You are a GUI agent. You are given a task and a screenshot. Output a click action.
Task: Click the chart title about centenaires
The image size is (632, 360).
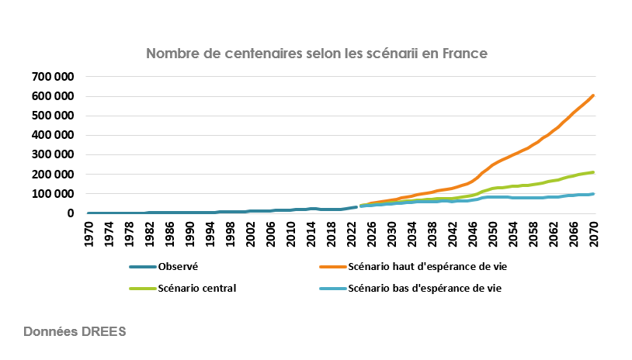coord(316,54)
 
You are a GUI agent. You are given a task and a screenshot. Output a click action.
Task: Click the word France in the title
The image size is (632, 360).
coord(463,54)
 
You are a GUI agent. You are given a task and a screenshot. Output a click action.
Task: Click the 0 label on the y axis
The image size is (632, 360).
coord(71,213)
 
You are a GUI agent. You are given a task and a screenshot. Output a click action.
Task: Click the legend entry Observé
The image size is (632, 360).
coord(178,266)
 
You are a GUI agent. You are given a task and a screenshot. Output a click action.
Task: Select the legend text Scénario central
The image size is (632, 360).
coord(196,289)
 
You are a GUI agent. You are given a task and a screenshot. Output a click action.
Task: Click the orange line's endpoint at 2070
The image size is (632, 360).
coord(594,95)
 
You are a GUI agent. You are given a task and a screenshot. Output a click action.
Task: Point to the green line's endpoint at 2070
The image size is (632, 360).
coord(594,172)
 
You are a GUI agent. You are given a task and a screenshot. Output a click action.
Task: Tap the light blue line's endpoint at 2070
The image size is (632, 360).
coord(594,194)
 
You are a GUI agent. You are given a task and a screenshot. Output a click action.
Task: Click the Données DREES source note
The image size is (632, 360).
coord(75,331)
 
